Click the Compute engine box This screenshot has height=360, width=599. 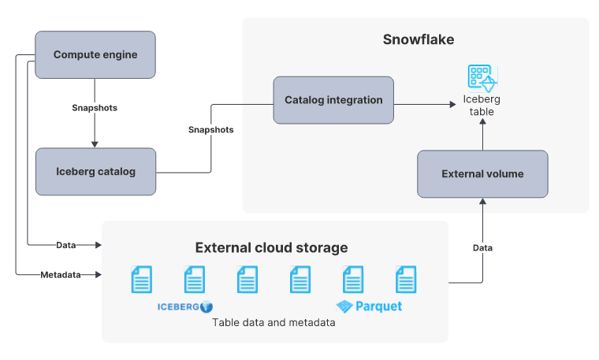[x=95, y=54]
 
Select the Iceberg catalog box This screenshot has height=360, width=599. [x=95, y=172]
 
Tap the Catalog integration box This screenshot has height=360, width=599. [x=333, y=100]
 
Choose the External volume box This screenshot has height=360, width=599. [x=482, y=174]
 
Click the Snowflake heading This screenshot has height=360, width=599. [x=418, y=39]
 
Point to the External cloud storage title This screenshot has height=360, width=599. [x=271, y=248]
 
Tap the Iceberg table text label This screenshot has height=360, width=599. [x=481, y=106]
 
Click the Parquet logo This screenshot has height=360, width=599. [x=369, y=306]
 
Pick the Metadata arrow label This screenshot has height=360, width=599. [x=60, y=274]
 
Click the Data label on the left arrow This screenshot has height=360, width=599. [x=66, y=245]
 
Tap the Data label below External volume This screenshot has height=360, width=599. [x=482, y=247]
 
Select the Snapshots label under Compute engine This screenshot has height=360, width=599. [x=95, y=108]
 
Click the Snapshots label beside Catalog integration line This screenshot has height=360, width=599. [x=210, y=129]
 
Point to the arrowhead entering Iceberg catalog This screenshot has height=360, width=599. [x=95, y=144]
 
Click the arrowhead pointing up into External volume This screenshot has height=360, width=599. [x=482, y=202]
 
